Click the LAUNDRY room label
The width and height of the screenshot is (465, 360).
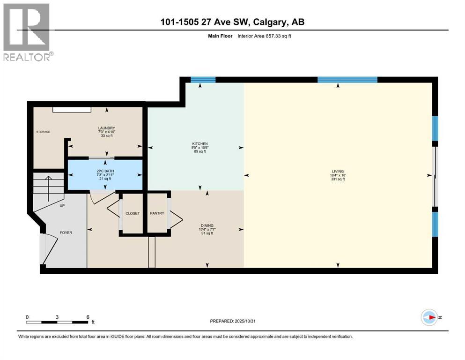[107, 128]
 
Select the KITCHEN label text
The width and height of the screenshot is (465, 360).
[200, 143]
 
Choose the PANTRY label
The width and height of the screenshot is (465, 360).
[157, 213]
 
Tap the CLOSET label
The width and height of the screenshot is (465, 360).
[133, 213]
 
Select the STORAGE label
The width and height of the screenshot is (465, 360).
[43, 132]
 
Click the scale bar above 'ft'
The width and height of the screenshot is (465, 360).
[57, 322]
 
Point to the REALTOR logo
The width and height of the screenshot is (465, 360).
[27, 32]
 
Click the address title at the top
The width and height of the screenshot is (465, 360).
[233, 22]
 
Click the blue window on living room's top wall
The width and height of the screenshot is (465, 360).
[347, 80]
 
